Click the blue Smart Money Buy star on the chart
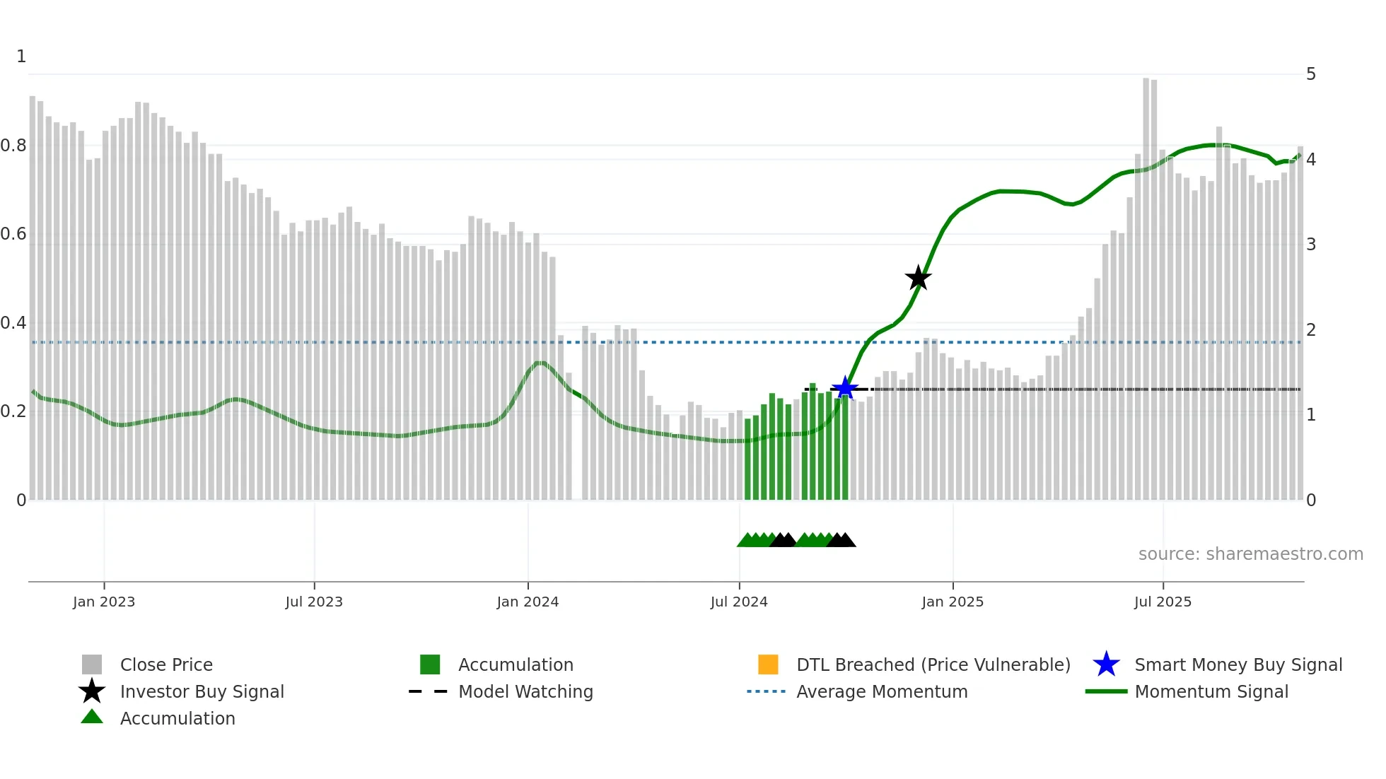click(x=845, y=388)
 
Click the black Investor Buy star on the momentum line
click(x=918, y=278)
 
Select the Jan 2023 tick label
click(x=104, y=602)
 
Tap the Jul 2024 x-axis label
click(x=739, y=602)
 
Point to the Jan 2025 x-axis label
click(x=953, y=602)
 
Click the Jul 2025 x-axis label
click(x=1163, y=602)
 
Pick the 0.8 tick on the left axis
click(x=13, y=146)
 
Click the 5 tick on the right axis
click(x=1311, y=74)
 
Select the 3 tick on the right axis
click(x=1311, y=245)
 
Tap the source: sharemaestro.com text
click(x=1250, y=554)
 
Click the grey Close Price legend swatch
click(x=92, y=664)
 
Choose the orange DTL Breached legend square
click(x=768, y=664)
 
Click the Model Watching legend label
click(x=525, y=691)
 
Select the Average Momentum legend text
click(x=882, y=691)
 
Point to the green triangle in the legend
click(x=92, y=717)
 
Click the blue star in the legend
click(x=1106, y=664)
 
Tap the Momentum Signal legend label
click(x=1211, y=691)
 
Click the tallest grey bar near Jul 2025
click(x=1146, y=283)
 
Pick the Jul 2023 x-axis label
click(x=314, y=602)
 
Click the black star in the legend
click(x=92, y=691)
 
